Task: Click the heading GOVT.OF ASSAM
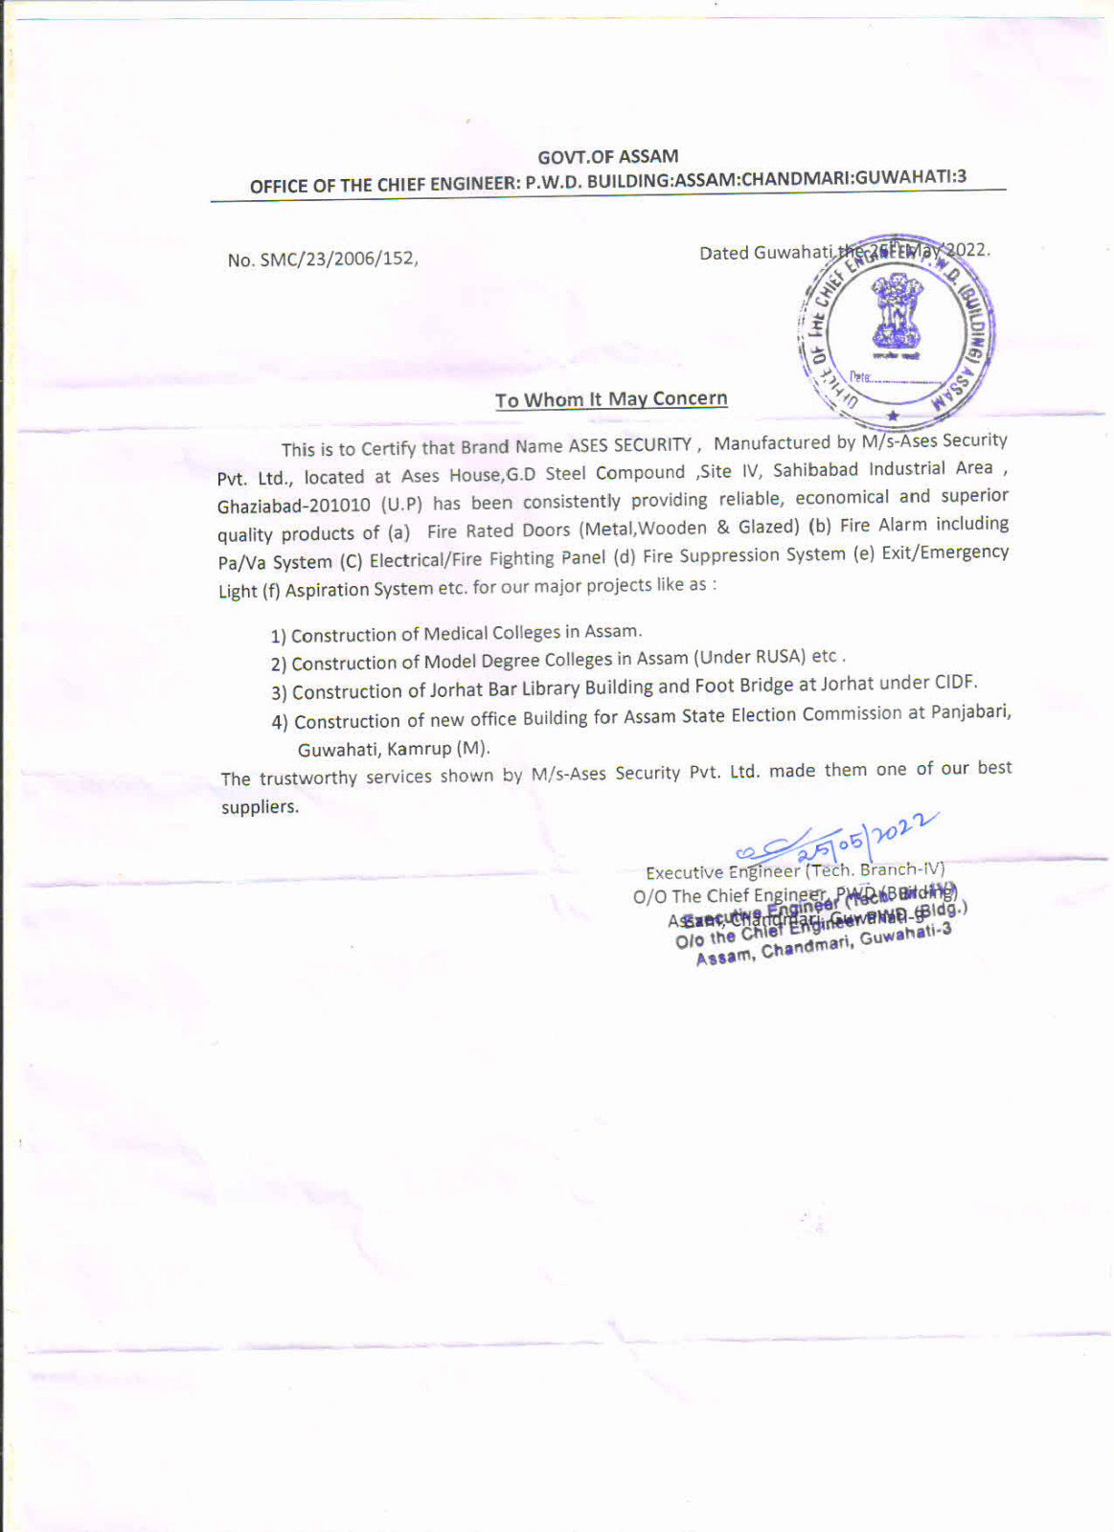click(607, 156)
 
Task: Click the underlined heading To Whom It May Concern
click(611, 399)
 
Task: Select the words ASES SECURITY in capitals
click(629, 444)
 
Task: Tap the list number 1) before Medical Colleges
click(278, 636)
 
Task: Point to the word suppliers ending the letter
click(260, 807)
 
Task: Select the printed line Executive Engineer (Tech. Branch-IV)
click(795, 870)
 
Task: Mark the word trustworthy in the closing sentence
click(307, 777)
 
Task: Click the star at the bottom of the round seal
click(893, 416)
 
